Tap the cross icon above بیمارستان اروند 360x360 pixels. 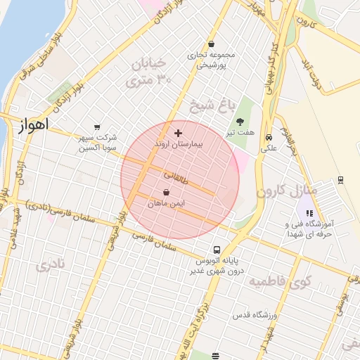click(178, 132)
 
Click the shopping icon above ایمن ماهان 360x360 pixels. click(166, 192)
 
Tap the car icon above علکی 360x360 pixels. click(269, 136)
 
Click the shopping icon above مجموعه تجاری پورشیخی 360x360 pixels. click(210, 44)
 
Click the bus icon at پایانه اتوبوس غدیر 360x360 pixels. click(217, 250)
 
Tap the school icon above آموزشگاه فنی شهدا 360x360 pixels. click(309, 212)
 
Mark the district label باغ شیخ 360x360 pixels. click(210, 107)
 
